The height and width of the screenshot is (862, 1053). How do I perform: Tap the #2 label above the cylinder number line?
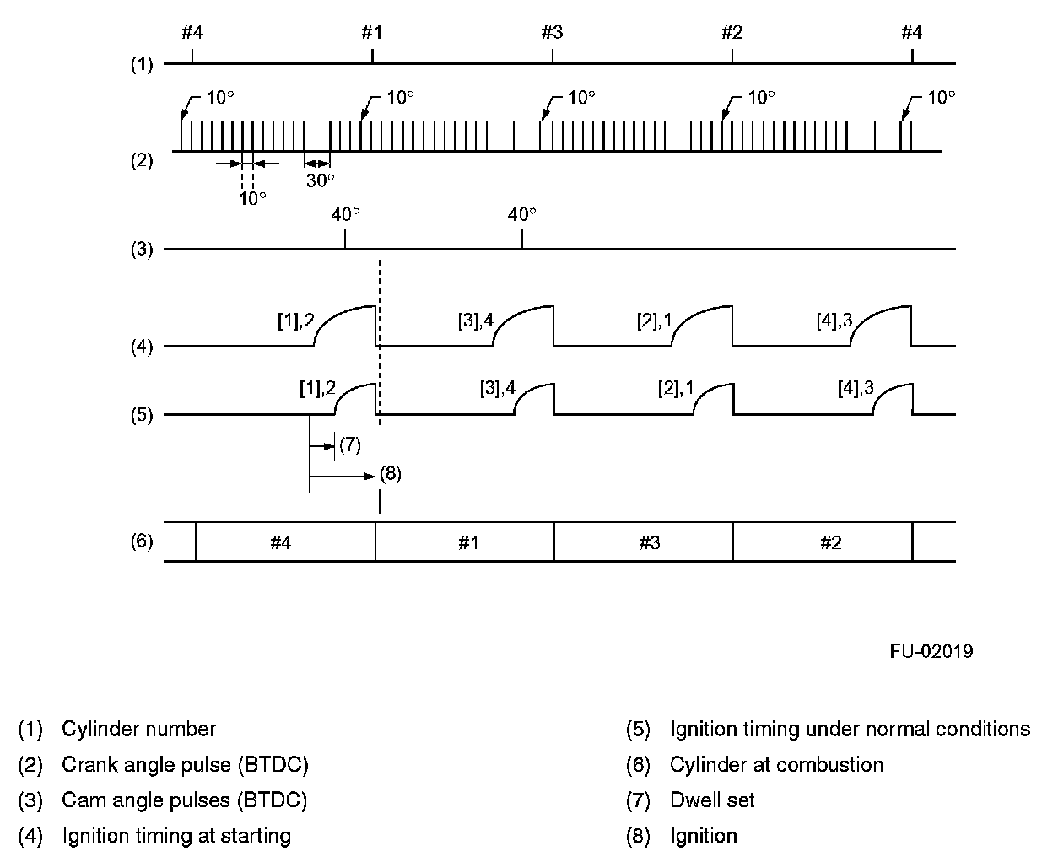coord(732,33)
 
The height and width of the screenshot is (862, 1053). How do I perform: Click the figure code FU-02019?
coord(931,651)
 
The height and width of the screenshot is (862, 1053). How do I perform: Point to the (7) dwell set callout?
coord(349,444)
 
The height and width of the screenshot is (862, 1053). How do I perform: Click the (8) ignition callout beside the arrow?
coord(390,474)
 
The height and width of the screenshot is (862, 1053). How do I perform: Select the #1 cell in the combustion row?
coord(468,542)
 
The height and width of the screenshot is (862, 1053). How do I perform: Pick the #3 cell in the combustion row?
coord(649,542)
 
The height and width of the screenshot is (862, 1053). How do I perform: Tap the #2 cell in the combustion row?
coord(830,542)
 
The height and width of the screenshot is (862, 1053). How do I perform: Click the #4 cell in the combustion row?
coord(281,542)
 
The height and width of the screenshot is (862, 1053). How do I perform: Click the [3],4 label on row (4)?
coord(474,321)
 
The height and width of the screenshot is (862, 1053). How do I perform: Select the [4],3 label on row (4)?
coord(834,321)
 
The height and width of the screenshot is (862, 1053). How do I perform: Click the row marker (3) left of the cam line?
coord(141,249)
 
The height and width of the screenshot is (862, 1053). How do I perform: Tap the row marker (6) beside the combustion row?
coord(141,541)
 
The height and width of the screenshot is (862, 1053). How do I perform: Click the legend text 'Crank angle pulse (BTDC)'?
coord(185,765)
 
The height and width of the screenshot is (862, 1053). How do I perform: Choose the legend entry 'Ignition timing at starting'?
coord(176,836)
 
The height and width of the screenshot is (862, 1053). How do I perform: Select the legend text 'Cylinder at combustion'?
coord(776,765)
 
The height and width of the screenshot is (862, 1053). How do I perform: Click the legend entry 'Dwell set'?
coord(712,800)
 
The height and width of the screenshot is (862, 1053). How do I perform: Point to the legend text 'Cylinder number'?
coord(138,729)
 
